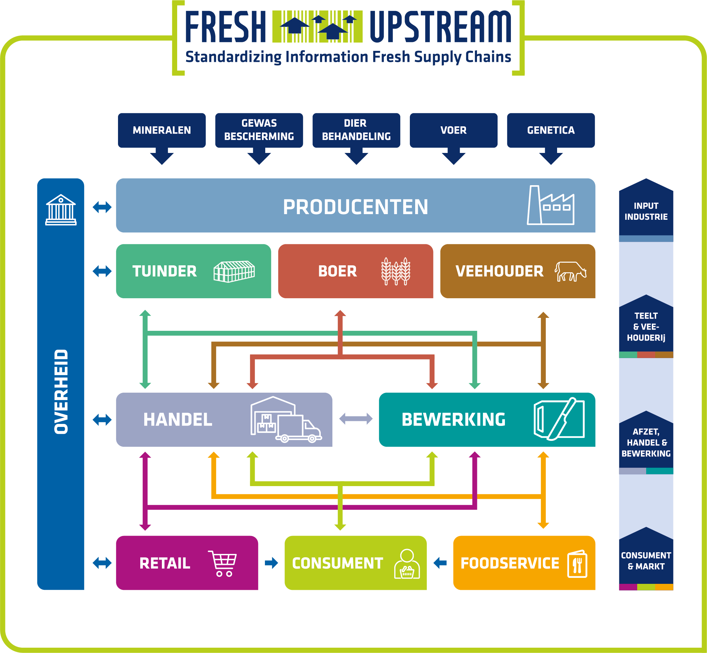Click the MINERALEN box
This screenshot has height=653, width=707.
162,130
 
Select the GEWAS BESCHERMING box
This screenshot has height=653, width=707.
259,130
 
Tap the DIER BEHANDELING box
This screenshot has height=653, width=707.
356,130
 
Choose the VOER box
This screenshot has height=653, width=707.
454,130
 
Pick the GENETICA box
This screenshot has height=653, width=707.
551,130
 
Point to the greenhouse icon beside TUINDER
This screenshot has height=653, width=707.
234,271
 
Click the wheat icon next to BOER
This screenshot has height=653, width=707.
396,271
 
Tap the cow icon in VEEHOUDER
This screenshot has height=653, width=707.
570,271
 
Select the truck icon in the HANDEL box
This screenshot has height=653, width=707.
299,428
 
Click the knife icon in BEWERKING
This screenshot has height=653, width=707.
561,419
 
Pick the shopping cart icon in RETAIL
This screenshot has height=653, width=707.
222,563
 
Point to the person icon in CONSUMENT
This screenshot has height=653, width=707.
407,564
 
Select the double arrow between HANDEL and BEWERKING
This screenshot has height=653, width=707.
356,419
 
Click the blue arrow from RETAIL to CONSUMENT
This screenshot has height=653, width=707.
271,563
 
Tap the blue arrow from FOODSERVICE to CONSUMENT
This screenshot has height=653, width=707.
440,563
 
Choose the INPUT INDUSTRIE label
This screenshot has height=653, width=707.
646,211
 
